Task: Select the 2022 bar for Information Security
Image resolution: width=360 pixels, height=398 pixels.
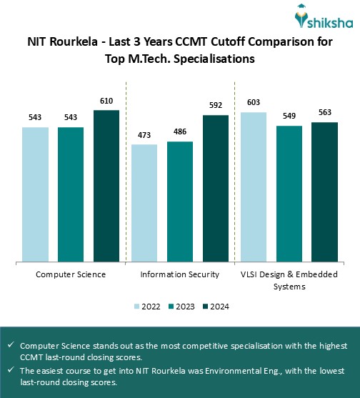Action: coord(144,203)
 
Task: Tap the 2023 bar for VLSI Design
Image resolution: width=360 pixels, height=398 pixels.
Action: coord(289,194)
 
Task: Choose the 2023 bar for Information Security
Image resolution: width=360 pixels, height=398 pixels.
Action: coord(180,202)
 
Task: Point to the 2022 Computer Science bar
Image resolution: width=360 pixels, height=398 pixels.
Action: coord(35,194)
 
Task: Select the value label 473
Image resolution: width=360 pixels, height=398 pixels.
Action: coord(144,136)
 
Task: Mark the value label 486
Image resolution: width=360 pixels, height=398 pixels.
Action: coord(180,134)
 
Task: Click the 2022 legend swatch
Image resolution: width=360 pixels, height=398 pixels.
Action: coord(138,307)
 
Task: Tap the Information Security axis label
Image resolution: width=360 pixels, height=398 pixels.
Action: coord(180,274)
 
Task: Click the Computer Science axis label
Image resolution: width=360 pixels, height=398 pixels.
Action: coord(71,274)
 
